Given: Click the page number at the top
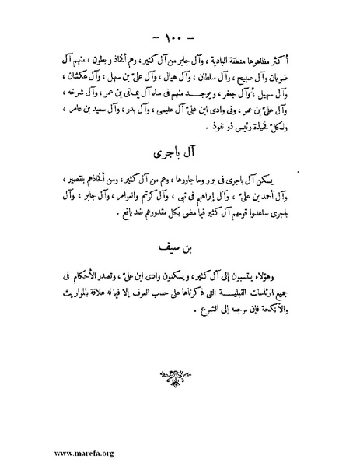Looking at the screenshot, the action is (180, 37).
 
